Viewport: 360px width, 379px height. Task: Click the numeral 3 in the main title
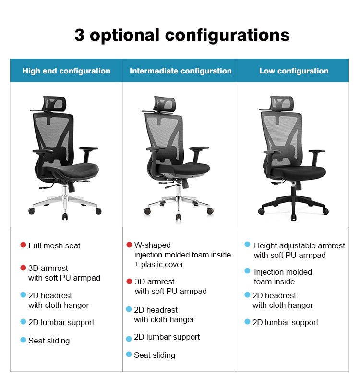pyautogui.click(x=80, y=35)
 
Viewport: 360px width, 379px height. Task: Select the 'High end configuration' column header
pyautogui.click(x=66, y=71)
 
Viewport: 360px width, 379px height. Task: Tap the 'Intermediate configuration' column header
pyautogui.click(x=180, y=71)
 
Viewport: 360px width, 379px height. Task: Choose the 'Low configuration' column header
pyautogui.click(x=294, y=71)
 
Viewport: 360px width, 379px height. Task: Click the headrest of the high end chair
pyautogui.click(x=55, y=103)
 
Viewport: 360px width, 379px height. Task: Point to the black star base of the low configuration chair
pyautogui.click(x=293, y=205)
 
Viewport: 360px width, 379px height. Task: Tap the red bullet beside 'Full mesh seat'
pyautogui.click(x=23, y=245)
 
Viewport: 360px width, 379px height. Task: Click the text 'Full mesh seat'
pyautogui.click(x=54, y=245)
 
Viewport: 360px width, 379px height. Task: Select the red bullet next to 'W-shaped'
pyautogui.click(x=129, y=245)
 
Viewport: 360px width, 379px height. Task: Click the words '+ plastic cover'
pyautogui.click(x=159, y=264)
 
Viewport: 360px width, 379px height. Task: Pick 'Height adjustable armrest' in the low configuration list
pyautogui.click(x=300, y=245)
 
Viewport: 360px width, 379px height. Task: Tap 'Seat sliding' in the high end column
pyautogui.click(x=49, y=341)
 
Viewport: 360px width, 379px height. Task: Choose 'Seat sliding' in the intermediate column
pyautogui.click(x=155, y=355)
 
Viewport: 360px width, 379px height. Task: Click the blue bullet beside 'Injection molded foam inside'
pyautogui.click(x=247, y=271)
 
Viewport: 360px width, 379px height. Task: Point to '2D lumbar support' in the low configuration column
pyautogui.click(x=285, y=323)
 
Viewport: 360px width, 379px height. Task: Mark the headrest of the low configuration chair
pyautogui.click(x=282, y=103)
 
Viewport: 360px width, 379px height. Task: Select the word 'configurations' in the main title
pyautogui.click(x=227, y=35)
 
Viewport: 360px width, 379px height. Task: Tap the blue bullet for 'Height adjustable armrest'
pyautogui.click(x=247, y=245)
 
